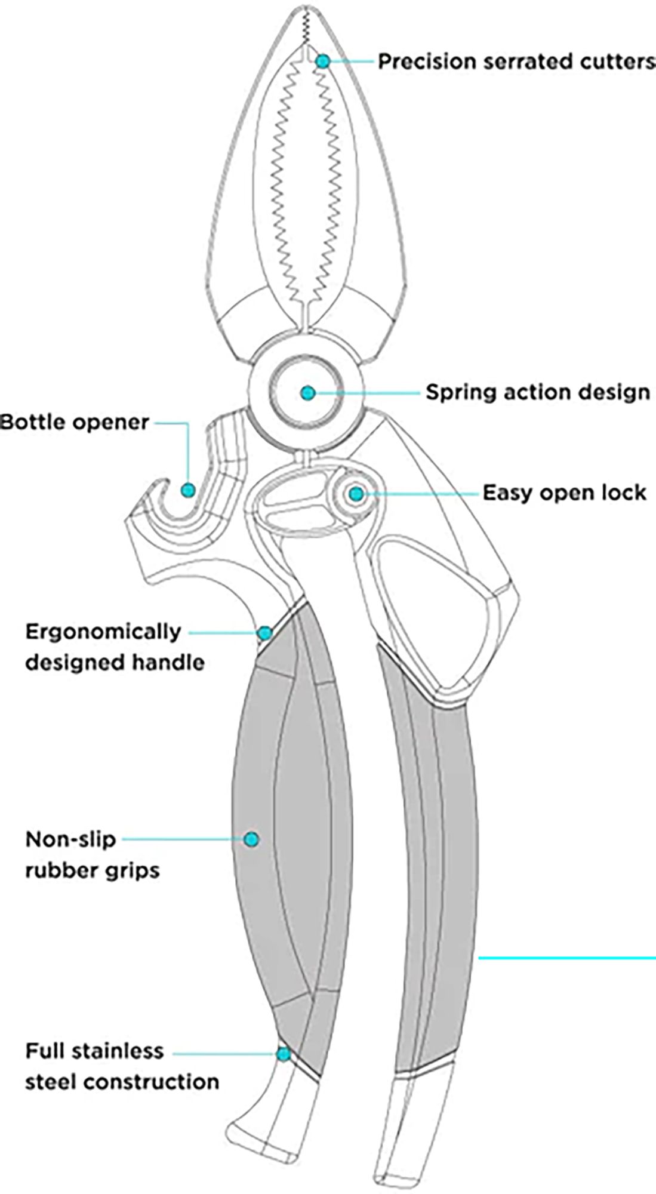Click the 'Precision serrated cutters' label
pos(517,61)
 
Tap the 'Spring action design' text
pos(537,393)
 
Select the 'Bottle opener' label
pos(75,423)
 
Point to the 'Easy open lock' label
pos(564,493)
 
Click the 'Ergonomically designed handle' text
pos(113,647)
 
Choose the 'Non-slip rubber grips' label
pos(92,855)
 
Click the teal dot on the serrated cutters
pos(322,61)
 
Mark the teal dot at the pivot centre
pos(307,393)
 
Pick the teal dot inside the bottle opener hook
pos(188,490)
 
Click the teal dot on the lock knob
pos(356,494)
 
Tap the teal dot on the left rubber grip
pos(251,839)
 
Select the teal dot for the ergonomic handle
pos(264,632)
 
